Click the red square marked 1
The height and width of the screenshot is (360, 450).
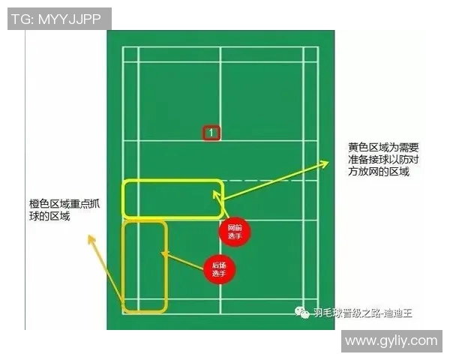point(211,133)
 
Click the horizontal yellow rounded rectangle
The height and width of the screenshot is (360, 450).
point(173,199)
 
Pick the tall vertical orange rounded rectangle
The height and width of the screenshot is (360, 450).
point(144,265)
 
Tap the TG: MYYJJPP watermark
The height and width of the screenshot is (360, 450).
point(56,19)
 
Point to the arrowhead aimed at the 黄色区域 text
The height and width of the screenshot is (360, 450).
point(328,160)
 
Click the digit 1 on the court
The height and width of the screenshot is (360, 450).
point(211,133)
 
